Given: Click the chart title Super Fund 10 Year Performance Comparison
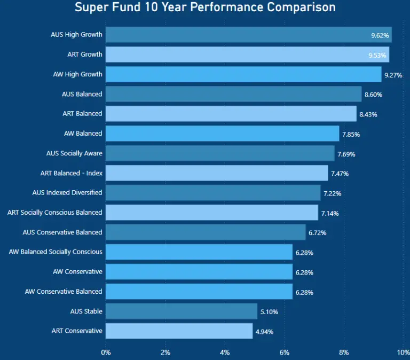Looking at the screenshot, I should pyautogui.click(x=205, y=7).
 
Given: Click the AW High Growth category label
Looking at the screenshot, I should pyautogui.click(x=77, y=74).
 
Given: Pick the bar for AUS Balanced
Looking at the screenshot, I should pyautogui.click(x=233, y=94).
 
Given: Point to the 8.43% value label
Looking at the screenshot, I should pyautogui.click(x=368, y=114).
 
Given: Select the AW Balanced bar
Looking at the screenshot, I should pyautogui.click(x=222, y=134).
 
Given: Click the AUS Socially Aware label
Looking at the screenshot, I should pyautogui.click(x=74, y=153).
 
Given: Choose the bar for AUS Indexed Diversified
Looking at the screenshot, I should pyautogui.click(x=213, y=193).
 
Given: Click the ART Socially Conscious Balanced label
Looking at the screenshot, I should pyautogui.click(x=54, y=213).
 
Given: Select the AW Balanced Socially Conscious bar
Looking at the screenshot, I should pyautogui.click(x=199, y=252).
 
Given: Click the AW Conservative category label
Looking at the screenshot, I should pyautogui.click(x=77, y=272).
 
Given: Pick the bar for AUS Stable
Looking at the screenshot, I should pyautogui.click(x=182, y=311).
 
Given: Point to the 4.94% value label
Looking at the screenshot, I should pyautogui.click(x=264, y=332).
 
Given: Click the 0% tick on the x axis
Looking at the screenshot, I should pyautogui.click(x=106, y=352).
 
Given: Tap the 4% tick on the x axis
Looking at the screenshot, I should pyautogui.click(x=225, y=352).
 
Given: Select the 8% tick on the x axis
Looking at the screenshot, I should pyautogui.click(x=344, y=352).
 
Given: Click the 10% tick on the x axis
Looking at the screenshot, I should pyautogui.click(x=402, y=352).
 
